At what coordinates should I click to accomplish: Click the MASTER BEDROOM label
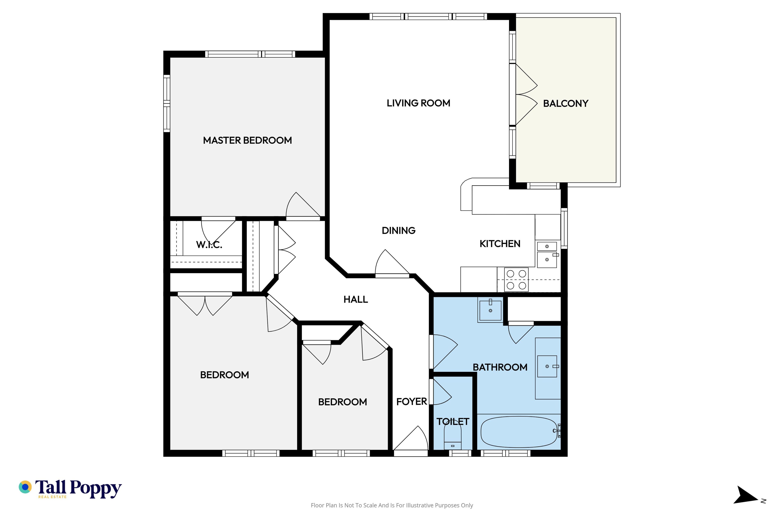click(x=247, y=140)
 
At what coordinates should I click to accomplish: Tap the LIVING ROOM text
click(x=418, y=103)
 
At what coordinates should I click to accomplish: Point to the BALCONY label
click(x=566, y=103)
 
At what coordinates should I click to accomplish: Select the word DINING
click(x=399, y=230)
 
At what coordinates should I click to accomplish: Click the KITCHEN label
click(x=500, y=244)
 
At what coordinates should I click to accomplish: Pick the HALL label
click(x=356, y=299)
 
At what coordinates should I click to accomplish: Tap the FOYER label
click(x=412, y=402)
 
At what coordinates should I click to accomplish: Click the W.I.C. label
click(x=209, y=245)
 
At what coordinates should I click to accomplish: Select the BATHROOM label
click(x=500, y=367)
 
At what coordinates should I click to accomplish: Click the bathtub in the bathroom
click(x=519, y=432)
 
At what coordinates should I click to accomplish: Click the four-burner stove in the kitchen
click(x=516, y=279)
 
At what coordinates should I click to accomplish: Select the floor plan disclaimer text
click(x=392, y=505)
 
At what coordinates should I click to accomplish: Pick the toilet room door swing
click(x=441, y=392)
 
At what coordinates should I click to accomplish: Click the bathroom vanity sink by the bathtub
click(x=547, y=367)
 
